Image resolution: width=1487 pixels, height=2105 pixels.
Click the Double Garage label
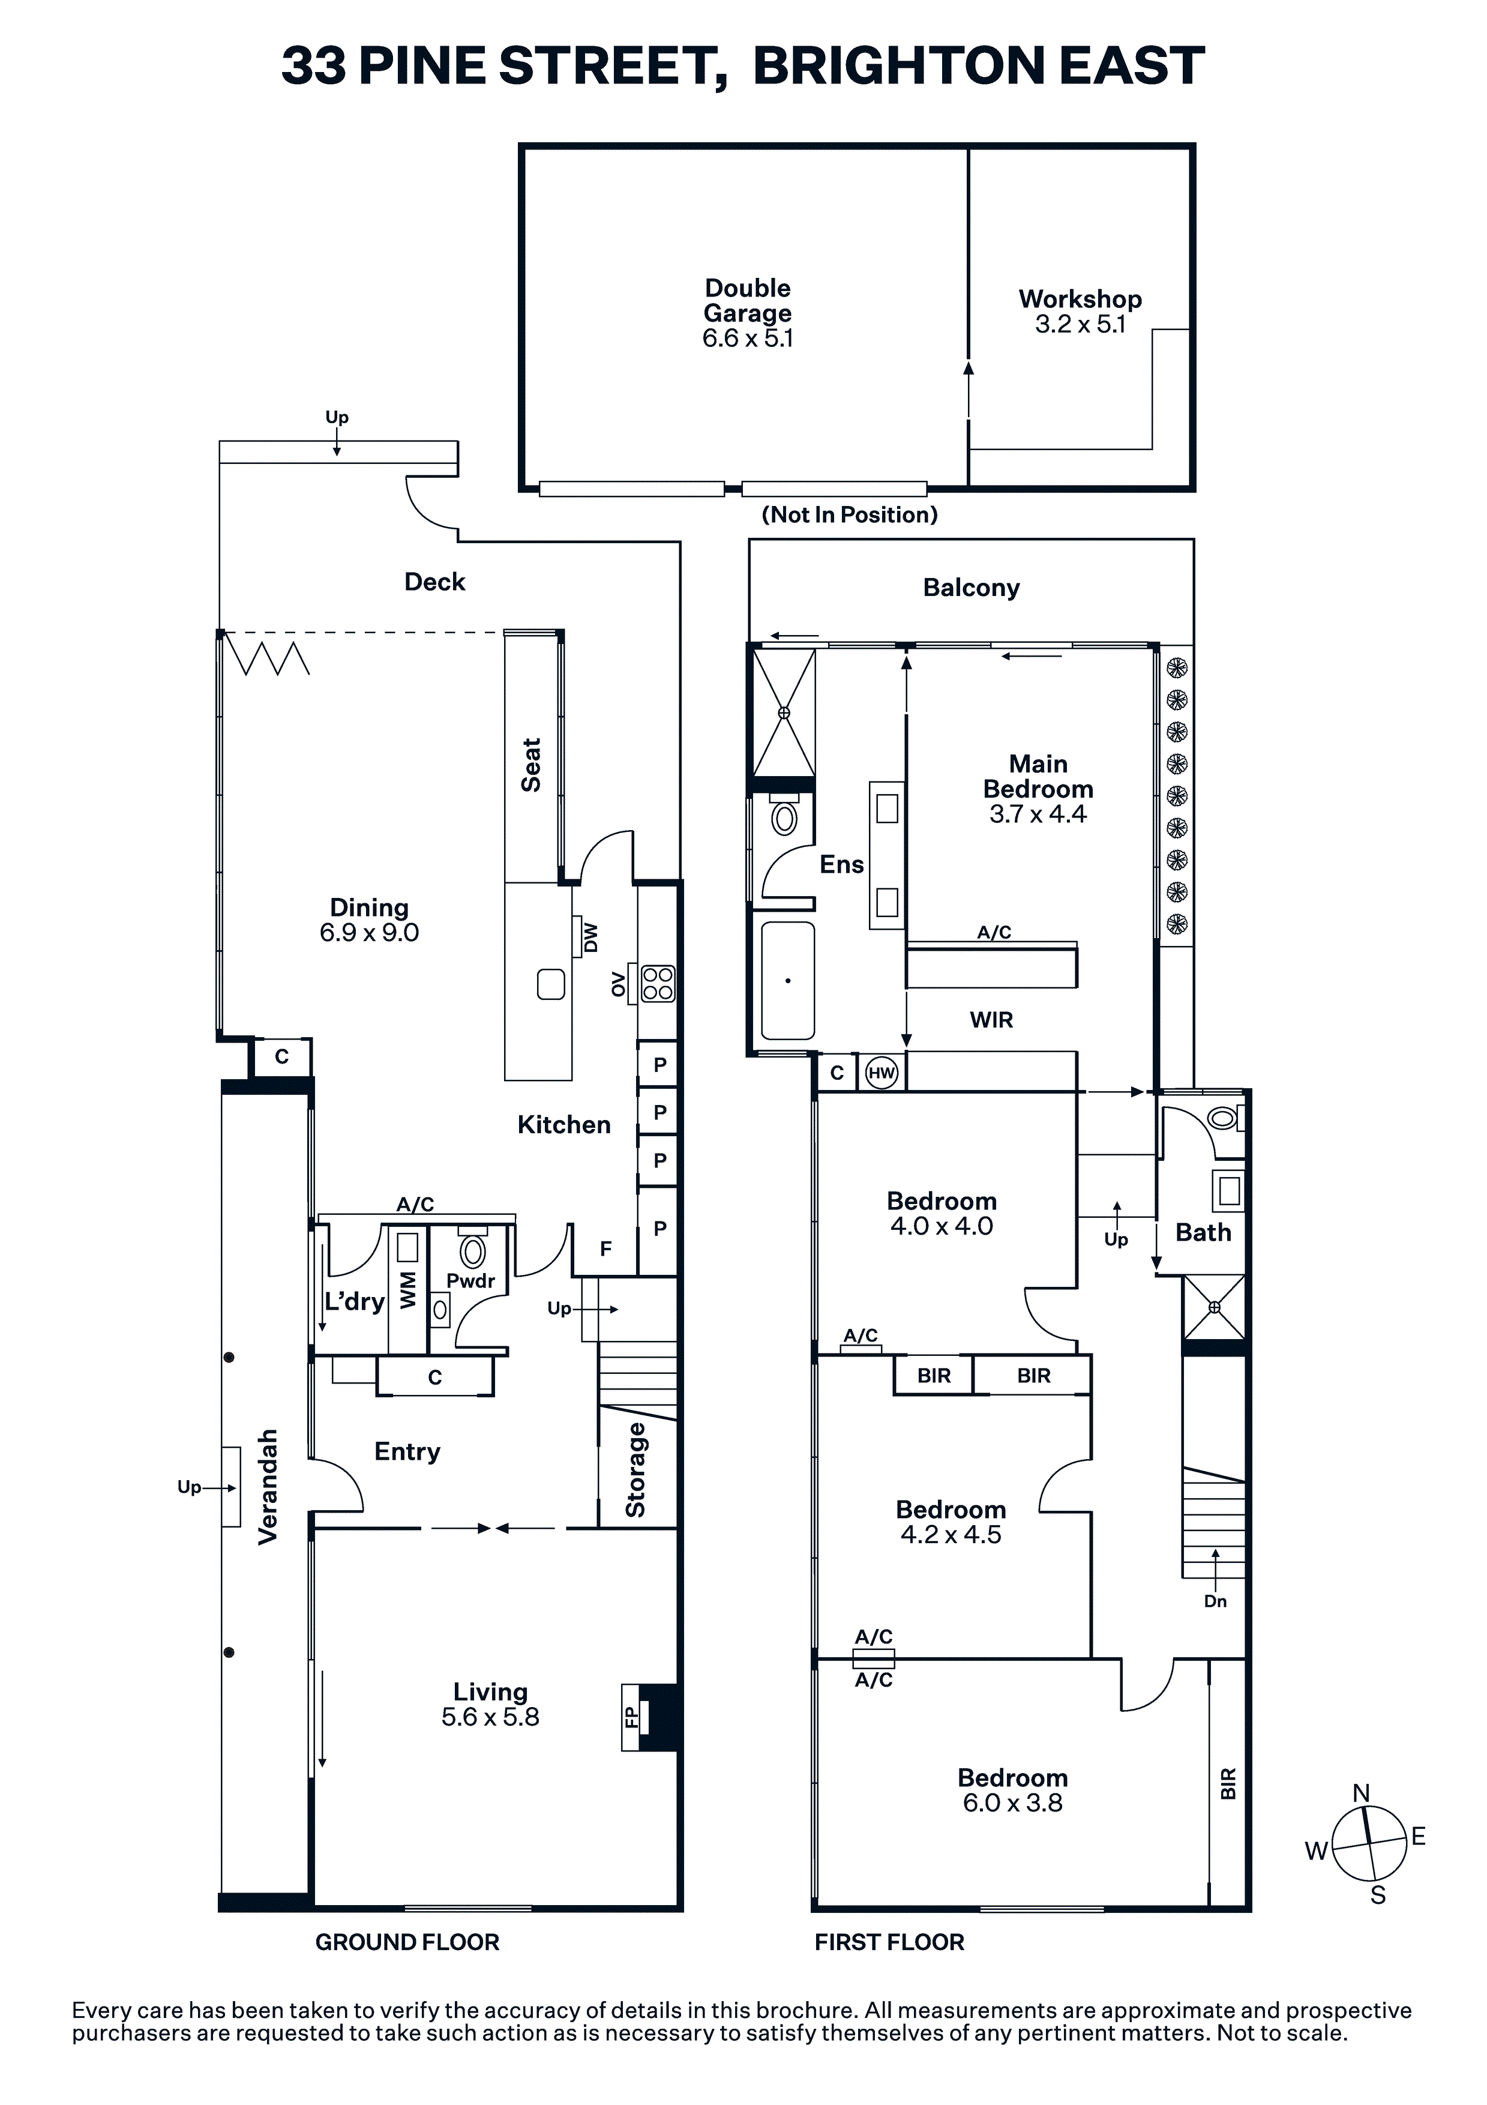point(747,301)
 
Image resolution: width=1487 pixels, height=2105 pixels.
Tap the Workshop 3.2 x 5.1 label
point(1080,312)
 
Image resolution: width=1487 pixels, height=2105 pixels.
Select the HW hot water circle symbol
point(881,1073)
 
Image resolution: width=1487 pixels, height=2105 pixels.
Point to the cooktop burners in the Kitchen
point(658,984)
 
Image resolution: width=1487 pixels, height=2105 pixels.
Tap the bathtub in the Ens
point(787,981)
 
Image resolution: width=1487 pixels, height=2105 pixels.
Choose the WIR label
point(991,1020)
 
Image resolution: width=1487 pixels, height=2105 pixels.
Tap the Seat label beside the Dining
point(531,765)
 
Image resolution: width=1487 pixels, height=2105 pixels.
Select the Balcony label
point(971,588)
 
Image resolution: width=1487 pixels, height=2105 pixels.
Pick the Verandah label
point(268,1487)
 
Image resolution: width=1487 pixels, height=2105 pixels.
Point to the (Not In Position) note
point(850,514)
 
